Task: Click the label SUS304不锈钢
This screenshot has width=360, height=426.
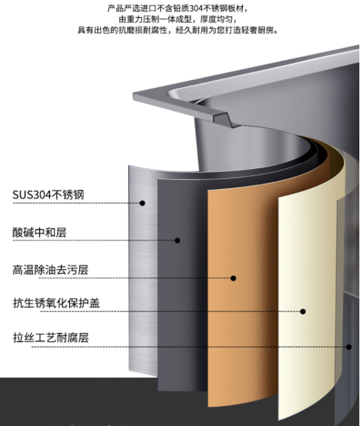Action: coord(49,195)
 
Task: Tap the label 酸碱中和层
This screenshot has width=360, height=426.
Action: coord(40,232)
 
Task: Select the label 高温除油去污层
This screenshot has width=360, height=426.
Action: coord(51,270)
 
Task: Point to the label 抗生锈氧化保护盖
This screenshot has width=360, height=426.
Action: coord(57,303)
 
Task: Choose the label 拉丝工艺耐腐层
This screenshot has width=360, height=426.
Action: coord(51,338)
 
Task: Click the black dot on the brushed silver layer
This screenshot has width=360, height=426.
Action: coord(142,203)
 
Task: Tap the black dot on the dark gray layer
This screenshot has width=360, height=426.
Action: coord(177,240)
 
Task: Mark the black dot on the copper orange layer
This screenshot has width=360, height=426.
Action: coord(233,278)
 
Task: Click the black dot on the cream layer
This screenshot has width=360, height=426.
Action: coord(303,312)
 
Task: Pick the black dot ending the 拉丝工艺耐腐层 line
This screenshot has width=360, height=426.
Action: coord(349,347)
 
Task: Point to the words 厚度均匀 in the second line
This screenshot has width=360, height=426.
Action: coord(216,19)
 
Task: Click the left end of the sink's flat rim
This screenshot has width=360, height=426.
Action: coord(133,96)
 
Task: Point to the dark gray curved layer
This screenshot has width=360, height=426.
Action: coord(182,286)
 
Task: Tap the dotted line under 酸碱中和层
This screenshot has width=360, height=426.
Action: coord(94,240)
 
